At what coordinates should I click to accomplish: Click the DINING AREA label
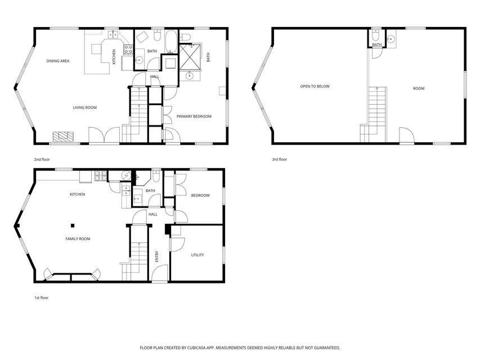57,61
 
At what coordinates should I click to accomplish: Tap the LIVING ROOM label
85,107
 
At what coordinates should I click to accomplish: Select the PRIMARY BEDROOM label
194,116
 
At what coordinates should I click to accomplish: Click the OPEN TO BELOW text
315,87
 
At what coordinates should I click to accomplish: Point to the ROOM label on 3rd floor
419,88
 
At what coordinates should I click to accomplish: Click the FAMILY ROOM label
78,239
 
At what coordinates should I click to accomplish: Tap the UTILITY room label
197,255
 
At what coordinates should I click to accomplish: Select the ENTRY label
157,256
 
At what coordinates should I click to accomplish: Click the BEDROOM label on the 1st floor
200,195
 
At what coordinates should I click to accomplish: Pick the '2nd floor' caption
42,160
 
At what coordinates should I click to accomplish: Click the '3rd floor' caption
280,160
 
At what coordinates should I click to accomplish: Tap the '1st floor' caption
41,298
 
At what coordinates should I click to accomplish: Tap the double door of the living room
104,135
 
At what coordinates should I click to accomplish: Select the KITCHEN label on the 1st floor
77,195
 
